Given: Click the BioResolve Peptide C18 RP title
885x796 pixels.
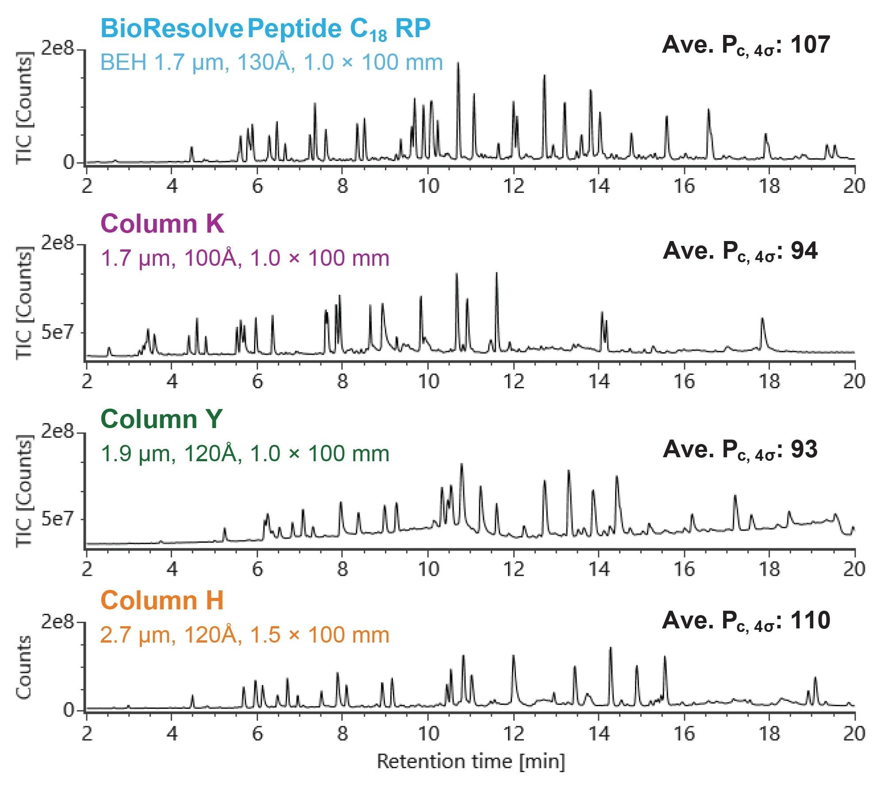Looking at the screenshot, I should point(265,29).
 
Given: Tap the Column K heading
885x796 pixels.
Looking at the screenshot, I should point(162,224).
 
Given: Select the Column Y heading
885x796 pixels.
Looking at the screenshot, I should point(161,419).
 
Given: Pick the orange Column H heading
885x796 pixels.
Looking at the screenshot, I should point(162,601).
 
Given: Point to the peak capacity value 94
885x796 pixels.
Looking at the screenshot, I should point(804,251).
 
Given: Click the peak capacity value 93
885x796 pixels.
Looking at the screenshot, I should point(804,449).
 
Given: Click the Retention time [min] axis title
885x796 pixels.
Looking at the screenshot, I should point(471,762).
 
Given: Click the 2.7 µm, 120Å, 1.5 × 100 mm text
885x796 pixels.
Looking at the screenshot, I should point(245,635).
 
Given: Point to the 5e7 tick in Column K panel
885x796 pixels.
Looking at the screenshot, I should point(58,332).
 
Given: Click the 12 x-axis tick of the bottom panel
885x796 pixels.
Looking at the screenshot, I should point(513,734).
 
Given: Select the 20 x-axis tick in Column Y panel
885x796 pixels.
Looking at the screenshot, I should point(854,569).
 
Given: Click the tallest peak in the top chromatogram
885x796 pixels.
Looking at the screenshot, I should point(458,64).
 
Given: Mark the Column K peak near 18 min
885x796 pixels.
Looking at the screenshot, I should point(762,319).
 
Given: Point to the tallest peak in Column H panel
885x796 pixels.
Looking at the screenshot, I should point(611,649).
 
